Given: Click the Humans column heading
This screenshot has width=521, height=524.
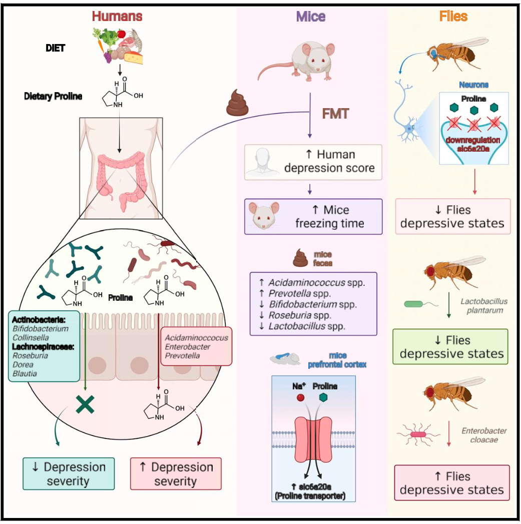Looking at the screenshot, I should point(117,16).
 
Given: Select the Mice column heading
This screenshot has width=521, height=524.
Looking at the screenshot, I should point(310,16).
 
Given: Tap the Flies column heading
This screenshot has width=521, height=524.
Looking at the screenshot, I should point(453,16).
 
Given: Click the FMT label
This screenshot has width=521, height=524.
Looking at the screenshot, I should point(335,113).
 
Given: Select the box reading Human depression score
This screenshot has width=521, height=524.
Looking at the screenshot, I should point(313,162).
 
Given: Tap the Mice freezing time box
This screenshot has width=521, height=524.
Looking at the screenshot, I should point(313,217).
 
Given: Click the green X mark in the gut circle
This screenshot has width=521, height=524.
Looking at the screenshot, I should point(86,405).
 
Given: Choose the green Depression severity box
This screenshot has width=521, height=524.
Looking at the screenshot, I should point(69,473).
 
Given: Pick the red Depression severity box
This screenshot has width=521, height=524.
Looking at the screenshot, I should point(175,473).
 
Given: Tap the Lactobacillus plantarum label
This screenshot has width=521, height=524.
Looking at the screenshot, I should point(483,306).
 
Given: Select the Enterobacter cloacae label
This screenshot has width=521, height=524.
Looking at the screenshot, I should point(483,435).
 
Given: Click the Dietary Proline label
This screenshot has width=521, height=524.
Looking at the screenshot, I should point(53,96).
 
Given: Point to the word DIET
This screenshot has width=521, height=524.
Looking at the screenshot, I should point(56,49).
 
